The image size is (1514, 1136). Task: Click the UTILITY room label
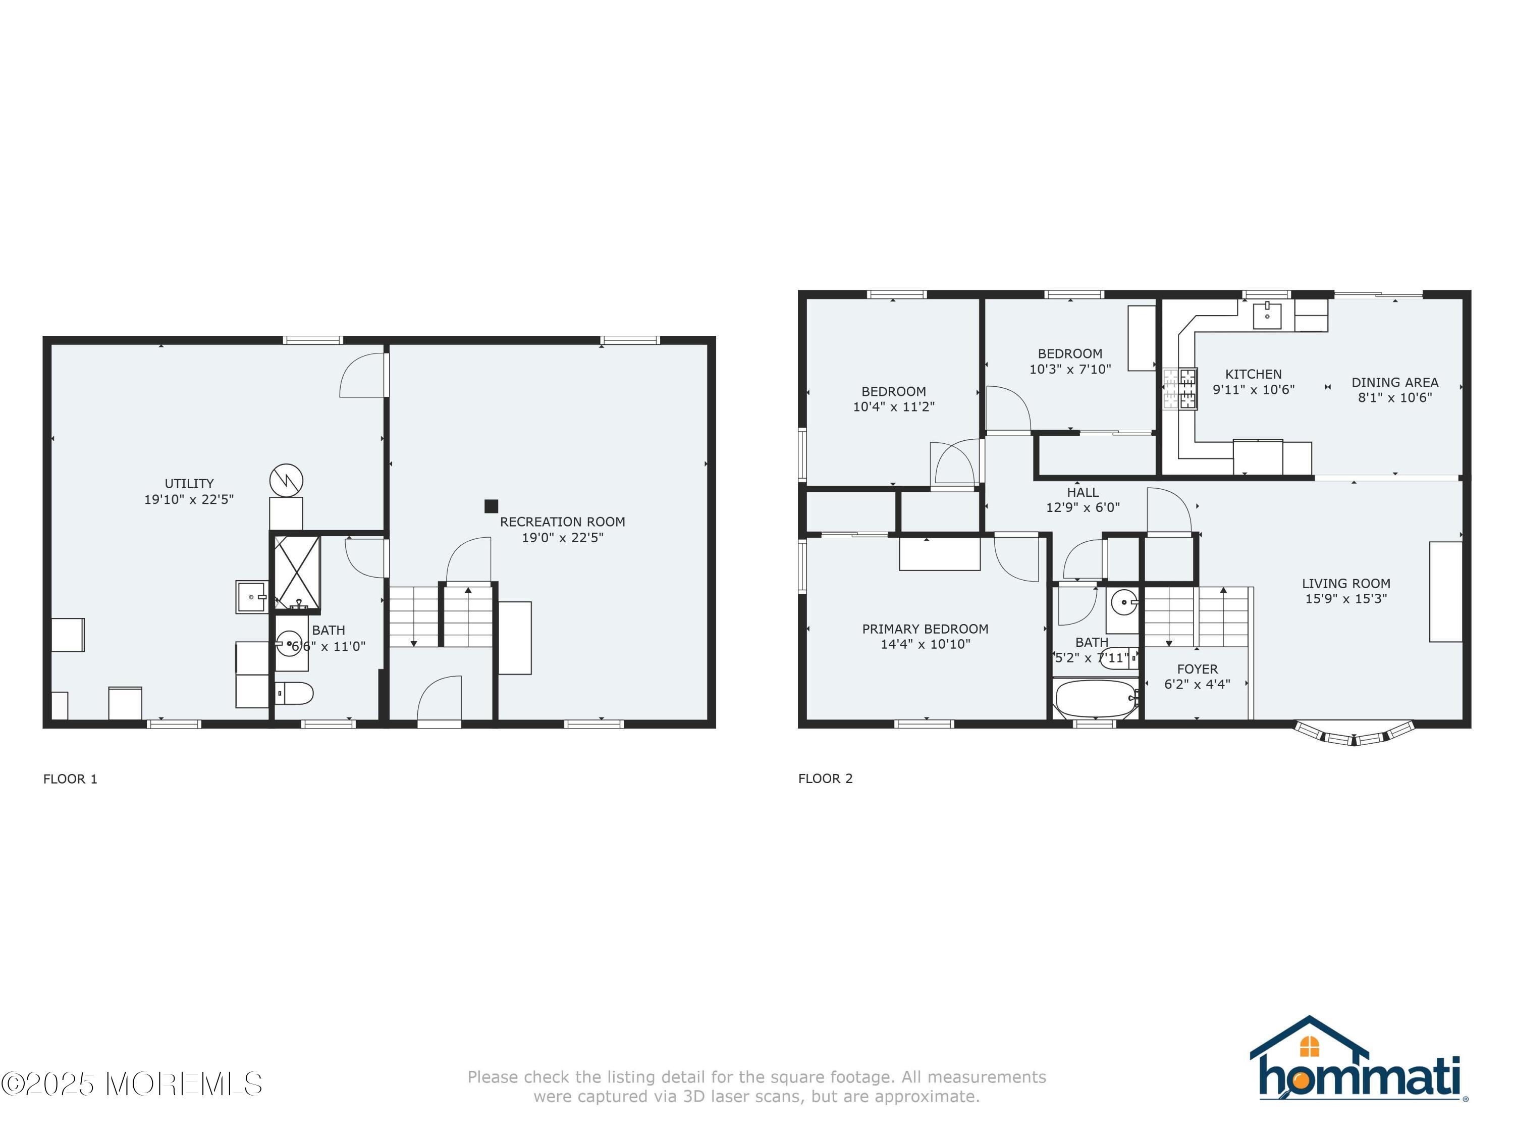point(189,484)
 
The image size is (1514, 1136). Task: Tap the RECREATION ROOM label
point(562,522)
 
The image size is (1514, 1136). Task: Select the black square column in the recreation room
point(491,506)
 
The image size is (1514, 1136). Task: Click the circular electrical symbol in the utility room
point(286,480)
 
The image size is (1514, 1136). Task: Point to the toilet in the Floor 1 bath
point(295,694)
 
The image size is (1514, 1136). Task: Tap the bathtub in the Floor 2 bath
point(1095,698)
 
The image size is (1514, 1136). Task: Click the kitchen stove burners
point(1180,388)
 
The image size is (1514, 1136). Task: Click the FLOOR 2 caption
point(826,779)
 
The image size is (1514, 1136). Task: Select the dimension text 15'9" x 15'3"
point(1345,598)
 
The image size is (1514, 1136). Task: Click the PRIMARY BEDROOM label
point(925,629)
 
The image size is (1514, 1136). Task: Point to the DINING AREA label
point(1394,383)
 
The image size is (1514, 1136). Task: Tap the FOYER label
point(1197,669)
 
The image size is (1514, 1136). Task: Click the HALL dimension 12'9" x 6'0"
point(1082,507)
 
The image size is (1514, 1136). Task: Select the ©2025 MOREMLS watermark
point(131,1083)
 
